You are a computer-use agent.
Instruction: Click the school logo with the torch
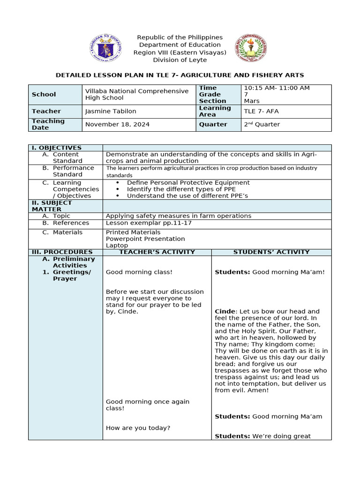coord(250,48)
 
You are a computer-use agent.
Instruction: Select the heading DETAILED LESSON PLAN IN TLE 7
coord(180,75)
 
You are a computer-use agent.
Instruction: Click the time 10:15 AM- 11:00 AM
coord(277,88)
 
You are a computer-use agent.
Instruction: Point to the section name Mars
coord(252,101)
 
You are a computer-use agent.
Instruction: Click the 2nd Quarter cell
coord(262,124)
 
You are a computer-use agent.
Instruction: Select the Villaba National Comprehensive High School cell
coord(137,94)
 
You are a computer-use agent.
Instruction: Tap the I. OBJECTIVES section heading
coord(57,148)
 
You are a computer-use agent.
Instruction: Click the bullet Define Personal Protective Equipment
coord(188,182)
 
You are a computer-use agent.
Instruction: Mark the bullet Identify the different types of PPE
coord(181,189)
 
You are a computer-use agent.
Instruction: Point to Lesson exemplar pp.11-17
coord(149,223)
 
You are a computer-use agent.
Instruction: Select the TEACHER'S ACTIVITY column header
coord(157,252)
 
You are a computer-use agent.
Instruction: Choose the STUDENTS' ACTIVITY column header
coord(271,252)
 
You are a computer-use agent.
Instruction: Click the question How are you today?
coord(138,427)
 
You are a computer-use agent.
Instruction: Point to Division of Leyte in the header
coord(180,60)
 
